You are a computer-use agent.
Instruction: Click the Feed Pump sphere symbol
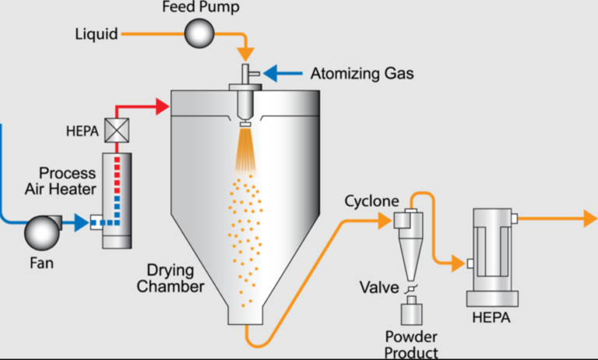coord(199,33)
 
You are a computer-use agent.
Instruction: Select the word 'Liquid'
coord(97,34)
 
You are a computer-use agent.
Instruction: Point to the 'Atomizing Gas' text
coord(362,74)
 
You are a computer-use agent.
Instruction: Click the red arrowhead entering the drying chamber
coord(163,106)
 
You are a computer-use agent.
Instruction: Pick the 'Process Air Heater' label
coord(68,180)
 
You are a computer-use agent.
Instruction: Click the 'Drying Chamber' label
coord(171,279)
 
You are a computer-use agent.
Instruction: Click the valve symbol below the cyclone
coord(412,288)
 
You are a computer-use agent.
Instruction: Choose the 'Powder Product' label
coord(411,344)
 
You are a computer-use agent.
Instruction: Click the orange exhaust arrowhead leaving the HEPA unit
coord(589,219)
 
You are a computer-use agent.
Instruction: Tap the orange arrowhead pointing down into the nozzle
coord(246,55)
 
